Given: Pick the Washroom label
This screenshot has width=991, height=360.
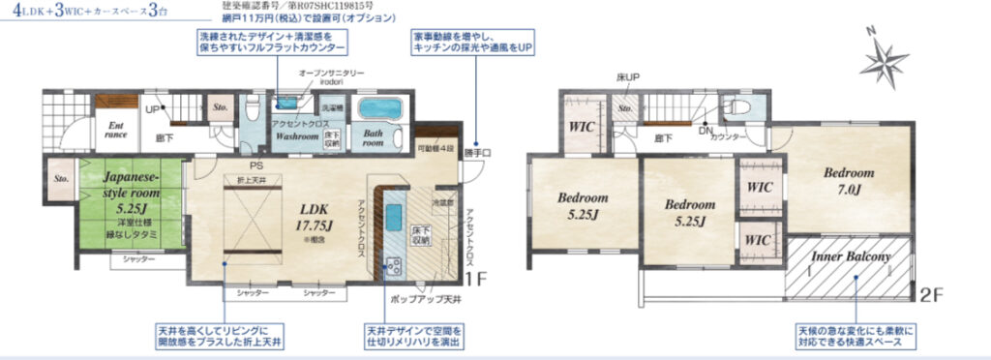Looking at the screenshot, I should [295, 136].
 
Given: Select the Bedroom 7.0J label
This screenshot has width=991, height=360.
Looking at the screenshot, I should [849, 180].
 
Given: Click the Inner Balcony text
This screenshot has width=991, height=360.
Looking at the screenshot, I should [853, 257].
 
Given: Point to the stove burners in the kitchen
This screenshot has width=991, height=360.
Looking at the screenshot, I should [394, 265].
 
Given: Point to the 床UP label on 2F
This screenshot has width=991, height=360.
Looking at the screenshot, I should [628, 76].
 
